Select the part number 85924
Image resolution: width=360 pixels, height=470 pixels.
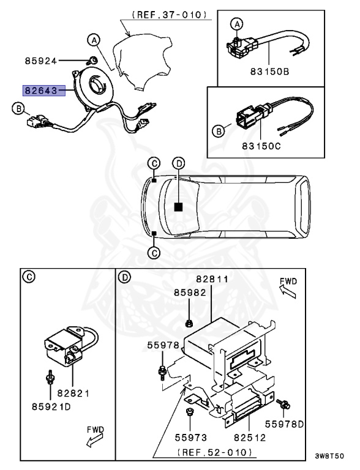click(40, 61)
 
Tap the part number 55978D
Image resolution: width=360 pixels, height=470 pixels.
click(283, 423)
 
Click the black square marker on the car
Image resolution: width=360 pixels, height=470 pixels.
click(178, 207)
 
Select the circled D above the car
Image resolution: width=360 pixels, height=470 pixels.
click(178, 163)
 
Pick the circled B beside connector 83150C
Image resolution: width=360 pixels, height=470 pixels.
click(219, 130)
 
